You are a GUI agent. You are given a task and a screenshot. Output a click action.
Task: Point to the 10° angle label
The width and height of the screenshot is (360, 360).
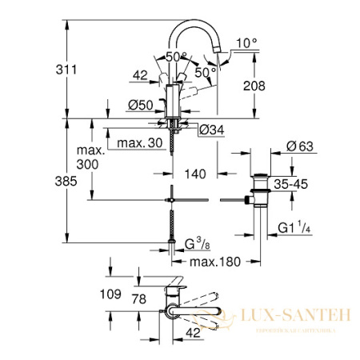click(248, 42)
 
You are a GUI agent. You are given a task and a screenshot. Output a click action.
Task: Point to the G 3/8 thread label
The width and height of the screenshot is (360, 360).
click(198, 243)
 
